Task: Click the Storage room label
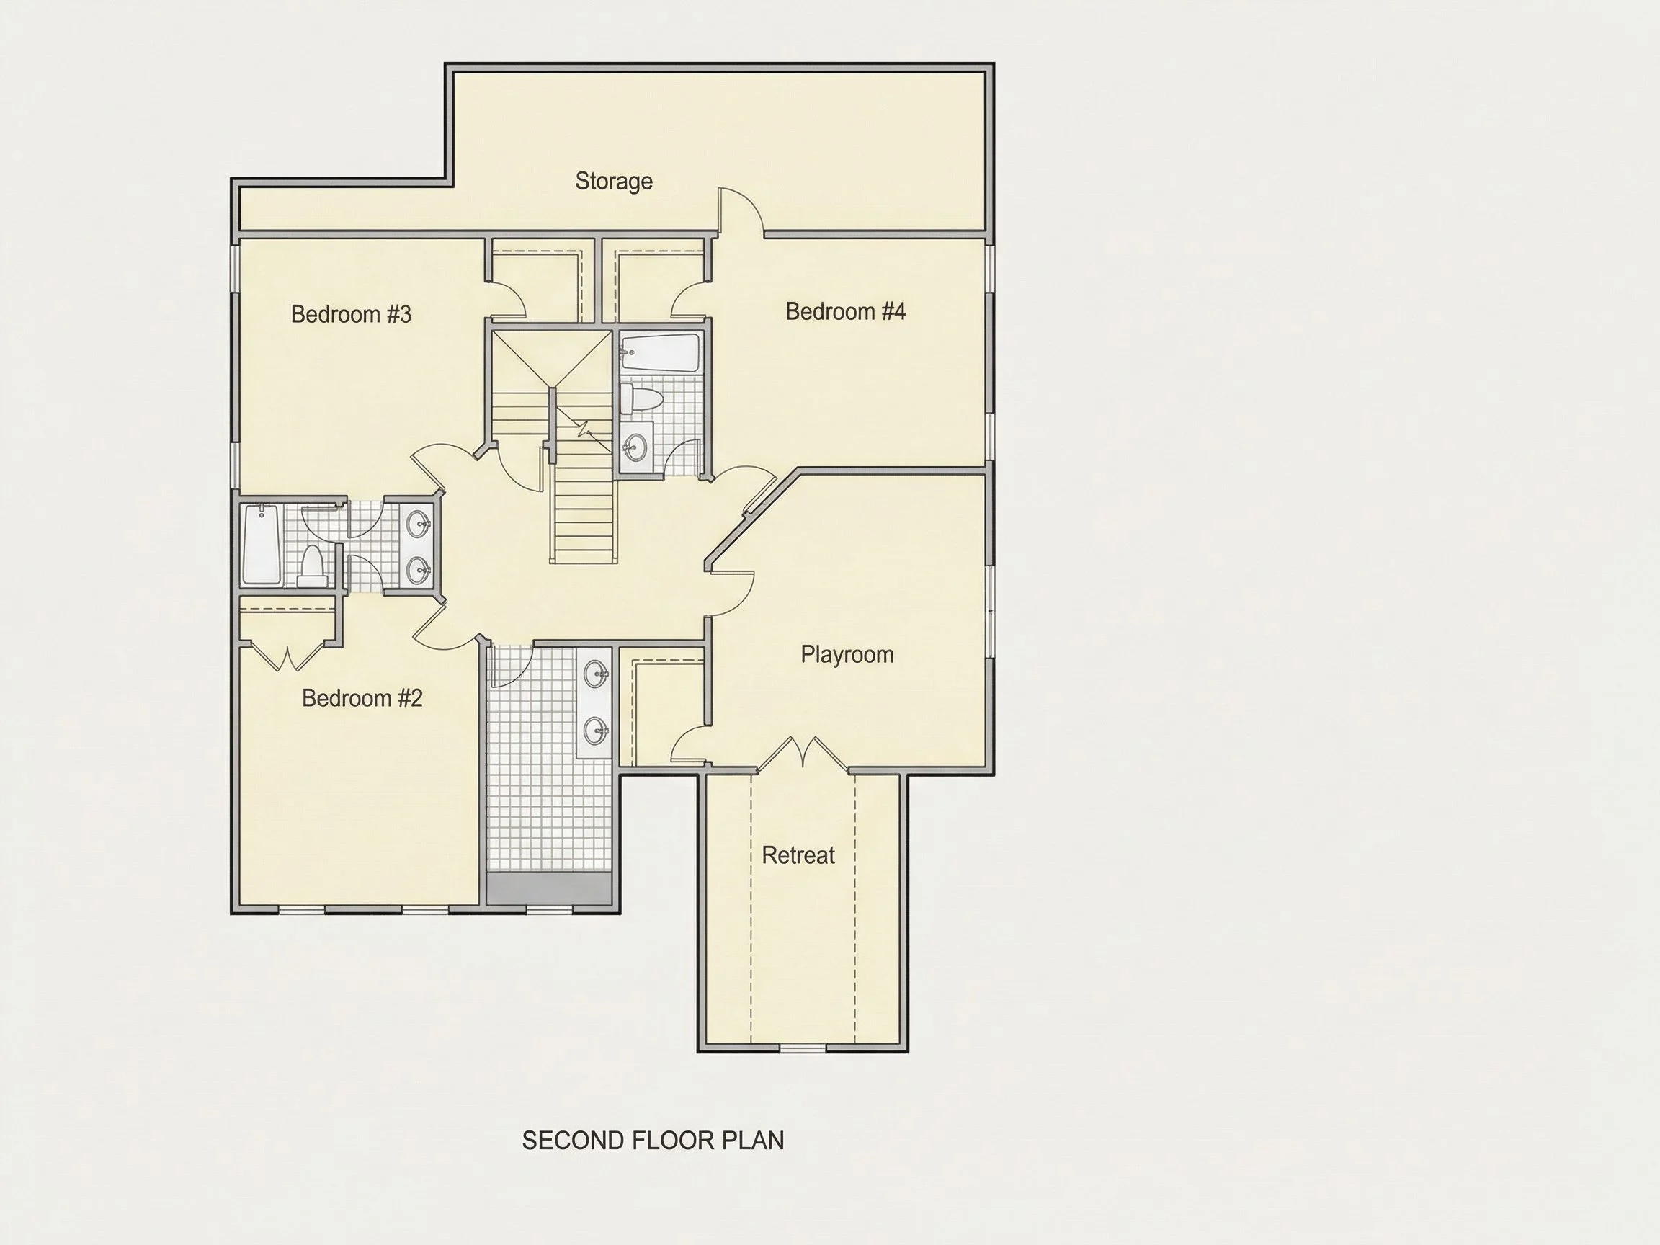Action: tap(613, 181)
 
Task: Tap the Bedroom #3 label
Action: tap(351, 313)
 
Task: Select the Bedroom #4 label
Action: tap(846, 311)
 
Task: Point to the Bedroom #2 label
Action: tap(362, 698)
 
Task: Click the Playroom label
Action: tap(847, 654)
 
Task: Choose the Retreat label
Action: tap(798, 854)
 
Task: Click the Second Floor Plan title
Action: tap(653, 1140)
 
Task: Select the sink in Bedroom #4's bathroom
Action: tap(635, 448)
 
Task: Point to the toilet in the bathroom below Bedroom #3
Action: tap(311, 566)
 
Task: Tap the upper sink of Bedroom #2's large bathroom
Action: tap(595, 672)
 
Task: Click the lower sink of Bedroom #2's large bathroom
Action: tap(595, 728)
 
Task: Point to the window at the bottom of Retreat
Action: tap(802, 1047)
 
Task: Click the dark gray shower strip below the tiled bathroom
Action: tap(549, 888)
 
